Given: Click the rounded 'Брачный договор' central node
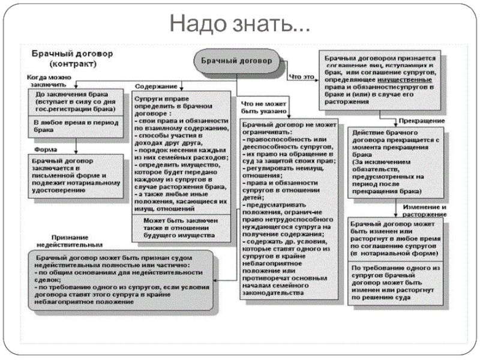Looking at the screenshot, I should [x=236, y=62].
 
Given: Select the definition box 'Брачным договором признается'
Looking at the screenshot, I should [x=382, y=79].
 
